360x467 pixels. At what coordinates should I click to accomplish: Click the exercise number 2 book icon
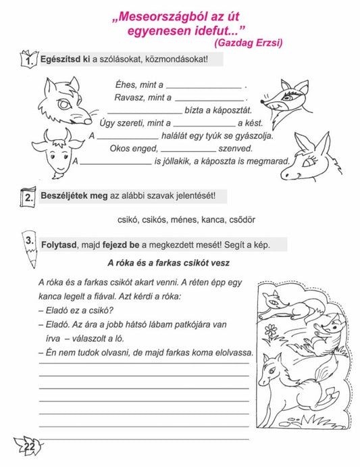click(28, 197)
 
